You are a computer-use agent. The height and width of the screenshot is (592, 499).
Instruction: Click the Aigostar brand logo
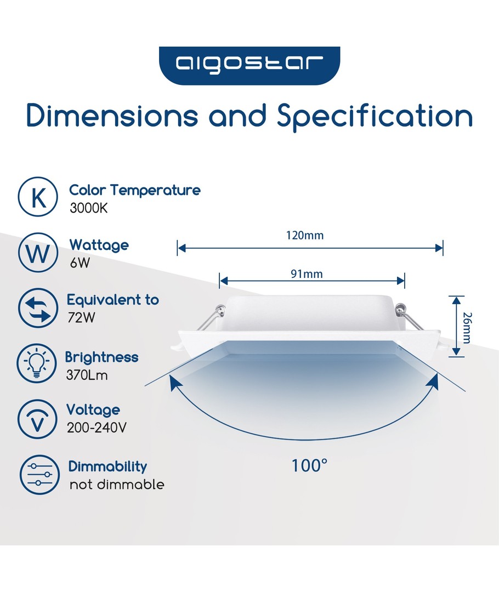click(x=250, y=65)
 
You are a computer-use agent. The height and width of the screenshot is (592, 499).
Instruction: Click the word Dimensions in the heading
click(x=112, y=116)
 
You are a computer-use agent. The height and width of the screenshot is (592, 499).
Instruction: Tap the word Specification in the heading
click(x=375, y=117)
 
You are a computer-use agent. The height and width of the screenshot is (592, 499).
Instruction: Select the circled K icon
click(x=38, y=197)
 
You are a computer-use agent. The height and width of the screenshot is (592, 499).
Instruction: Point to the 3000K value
click(x=89, y=208)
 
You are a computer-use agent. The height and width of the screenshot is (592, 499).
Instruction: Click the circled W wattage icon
click(x=38, y=252)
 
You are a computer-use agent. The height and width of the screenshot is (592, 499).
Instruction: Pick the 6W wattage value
click(x=80, y=263)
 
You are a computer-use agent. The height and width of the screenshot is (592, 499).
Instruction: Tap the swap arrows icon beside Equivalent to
click(x=38, y=308)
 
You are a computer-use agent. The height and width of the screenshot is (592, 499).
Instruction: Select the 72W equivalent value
click(x=81, y=318)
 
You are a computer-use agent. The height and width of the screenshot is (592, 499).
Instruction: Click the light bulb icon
click(x=37, y=363)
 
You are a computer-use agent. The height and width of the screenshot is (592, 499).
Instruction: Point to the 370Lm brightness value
click(x=87, y=375)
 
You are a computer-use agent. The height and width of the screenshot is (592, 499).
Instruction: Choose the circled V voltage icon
click(x=37, y=419)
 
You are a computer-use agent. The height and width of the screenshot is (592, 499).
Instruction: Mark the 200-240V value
click(x=97, y=428)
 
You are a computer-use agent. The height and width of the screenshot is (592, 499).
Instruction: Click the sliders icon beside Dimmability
click(x=39, y=475)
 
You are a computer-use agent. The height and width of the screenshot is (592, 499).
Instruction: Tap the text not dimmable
click(x=117, y=485)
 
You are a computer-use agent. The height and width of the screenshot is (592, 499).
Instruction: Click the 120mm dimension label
click(x=305, y=236)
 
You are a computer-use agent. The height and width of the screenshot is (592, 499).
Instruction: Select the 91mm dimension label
click(x=307, y=274)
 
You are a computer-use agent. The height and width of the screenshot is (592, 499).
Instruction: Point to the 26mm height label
click(x=467, y=328)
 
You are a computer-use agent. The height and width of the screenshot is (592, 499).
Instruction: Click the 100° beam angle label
click(x=309, y=465)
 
